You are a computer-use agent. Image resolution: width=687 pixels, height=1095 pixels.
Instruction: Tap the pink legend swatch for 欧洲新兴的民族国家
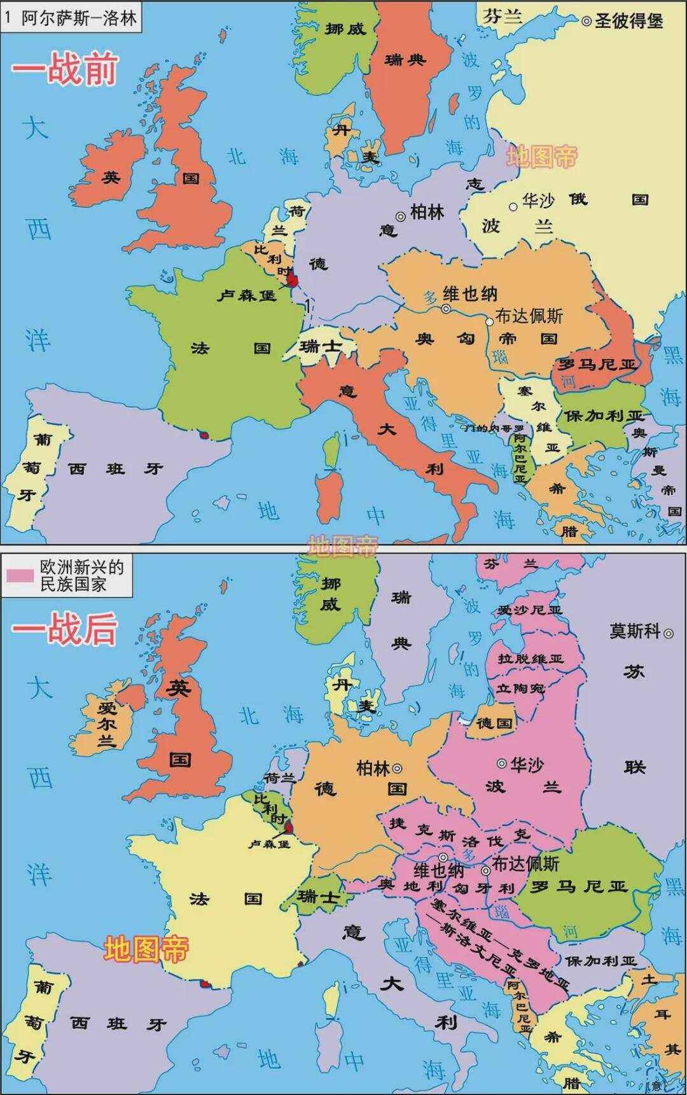20,575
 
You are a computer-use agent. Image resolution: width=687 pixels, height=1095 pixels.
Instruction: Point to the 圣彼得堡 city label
628,21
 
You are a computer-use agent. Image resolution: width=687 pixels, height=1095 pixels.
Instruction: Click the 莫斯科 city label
635,631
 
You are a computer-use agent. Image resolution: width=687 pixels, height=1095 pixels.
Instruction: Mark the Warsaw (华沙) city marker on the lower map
502,763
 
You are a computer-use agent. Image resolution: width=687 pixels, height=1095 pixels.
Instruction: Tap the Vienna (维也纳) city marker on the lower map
443,857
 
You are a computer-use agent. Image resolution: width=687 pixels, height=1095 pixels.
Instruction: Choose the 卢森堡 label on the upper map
246,295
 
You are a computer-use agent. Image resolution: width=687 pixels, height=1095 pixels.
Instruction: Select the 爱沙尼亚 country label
530,609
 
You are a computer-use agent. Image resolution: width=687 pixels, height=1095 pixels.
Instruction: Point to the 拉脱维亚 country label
531,659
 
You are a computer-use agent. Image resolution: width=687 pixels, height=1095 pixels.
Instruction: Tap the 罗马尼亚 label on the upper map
596,365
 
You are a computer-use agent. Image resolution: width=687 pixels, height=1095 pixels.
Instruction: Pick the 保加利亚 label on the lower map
600,961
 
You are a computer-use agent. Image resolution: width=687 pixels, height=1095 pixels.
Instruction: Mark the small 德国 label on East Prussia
494,723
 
